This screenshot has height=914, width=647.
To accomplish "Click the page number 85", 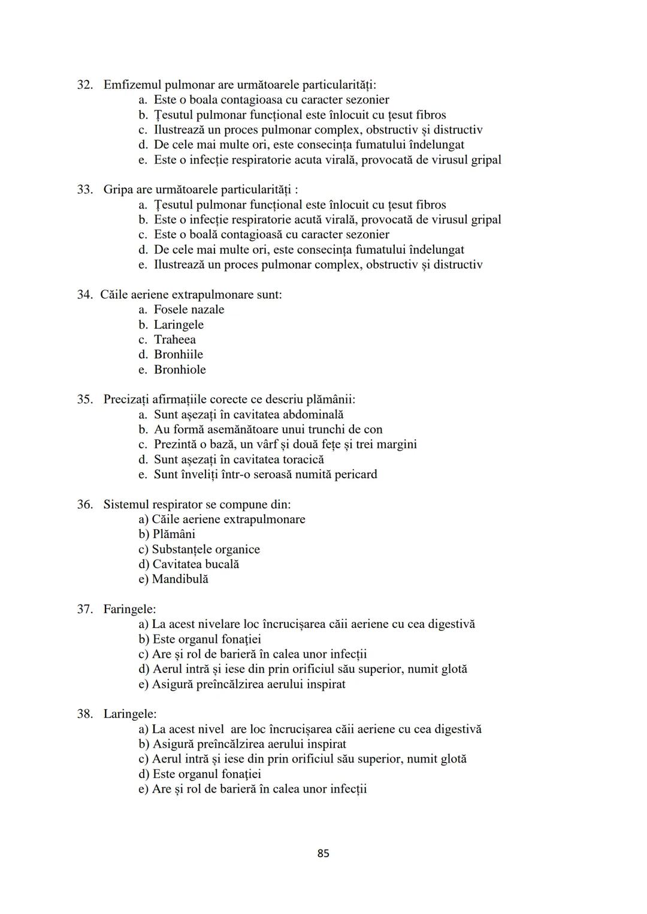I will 323,853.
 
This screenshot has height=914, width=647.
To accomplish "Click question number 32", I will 84,85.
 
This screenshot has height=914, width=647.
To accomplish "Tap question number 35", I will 84,399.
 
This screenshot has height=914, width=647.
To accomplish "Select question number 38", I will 84,714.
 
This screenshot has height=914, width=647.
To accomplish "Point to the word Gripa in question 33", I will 119,190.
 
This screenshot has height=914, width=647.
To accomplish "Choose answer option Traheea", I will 174,339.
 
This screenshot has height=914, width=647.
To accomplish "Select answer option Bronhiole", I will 180,369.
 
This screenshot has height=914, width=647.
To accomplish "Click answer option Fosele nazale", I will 189,309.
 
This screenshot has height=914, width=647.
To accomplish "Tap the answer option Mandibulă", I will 180,579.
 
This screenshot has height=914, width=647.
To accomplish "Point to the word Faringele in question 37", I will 129,609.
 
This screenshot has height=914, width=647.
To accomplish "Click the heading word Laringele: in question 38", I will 129,714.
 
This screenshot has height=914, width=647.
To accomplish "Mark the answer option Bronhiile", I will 178,354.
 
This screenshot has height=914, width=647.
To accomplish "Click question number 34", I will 84,294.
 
